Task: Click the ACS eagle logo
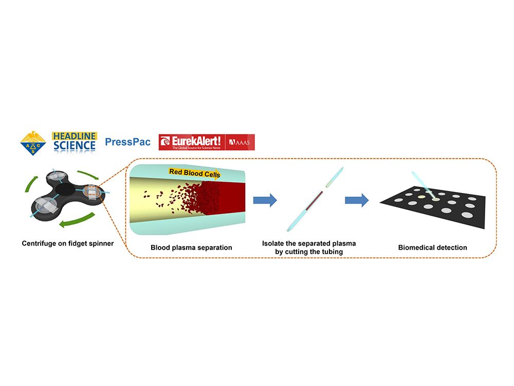(x=33, y=144)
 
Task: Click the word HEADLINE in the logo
(x=75, y=136)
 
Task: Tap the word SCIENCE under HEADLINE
(x=75, y=146)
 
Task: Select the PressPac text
(x=127, y=142)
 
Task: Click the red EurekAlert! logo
(x=192, y=142)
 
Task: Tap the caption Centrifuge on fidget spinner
(x=68, y=243)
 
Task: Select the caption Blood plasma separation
(x=191, y=248)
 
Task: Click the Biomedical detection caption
(x=432, y=248)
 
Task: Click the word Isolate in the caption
(x=274, y=243)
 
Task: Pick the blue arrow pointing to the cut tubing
(x=265, y=200)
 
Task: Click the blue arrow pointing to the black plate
(x=357, y=200)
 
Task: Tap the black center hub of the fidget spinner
(x=65, y=191)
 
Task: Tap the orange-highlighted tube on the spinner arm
(x=93, y=191)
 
